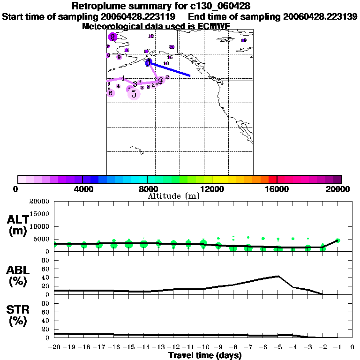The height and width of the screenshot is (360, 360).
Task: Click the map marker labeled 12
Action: point(150,36)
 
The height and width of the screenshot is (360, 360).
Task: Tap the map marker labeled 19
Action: point(243,40)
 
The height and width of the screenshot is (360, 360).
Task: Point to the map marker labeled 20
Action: point(172,47)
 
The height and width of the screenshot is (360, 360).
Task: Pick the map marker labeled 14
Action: point(126,50)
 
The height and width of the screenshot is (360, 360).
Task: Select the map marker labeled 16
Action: point(166,63)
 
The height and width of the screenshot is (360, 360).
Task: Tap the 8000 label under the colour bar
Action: point(147,189)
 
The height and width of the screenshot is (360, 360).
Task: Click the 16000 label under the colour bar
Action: point(277,189)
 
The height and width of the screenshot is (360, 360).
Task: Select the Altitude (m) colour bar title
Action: point(173,196)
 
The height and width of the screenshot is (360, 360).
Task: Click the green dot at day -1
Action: point(337,240)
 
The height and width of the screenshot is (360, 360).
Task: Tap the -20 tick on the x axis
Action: point(54,347)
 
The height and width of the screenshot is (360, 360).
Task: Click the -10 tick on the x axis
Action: point(203,347)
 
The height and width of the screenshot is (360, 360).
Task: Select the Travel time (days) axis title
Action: point(205,355)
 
